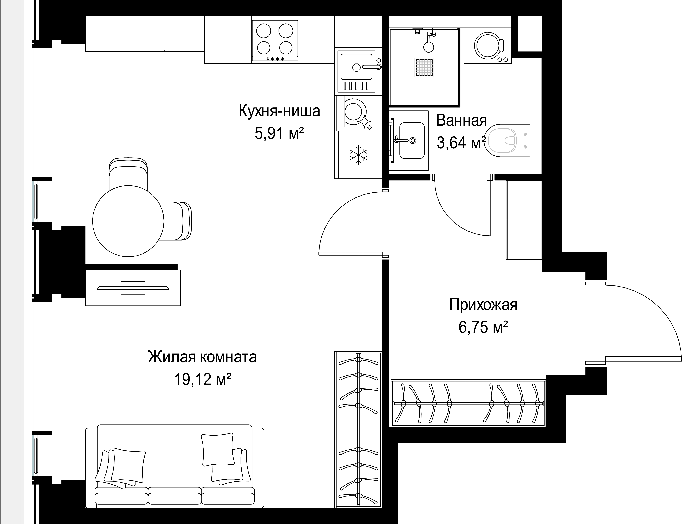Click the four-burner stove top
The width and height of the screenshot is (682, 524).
[275, 41]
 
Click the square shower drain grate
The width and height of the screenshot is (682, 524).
[424, 68]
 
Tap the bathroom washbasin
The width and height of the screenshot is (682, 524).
[412, 140]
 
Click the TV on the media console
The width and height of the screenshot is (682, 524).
[133, 288]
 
